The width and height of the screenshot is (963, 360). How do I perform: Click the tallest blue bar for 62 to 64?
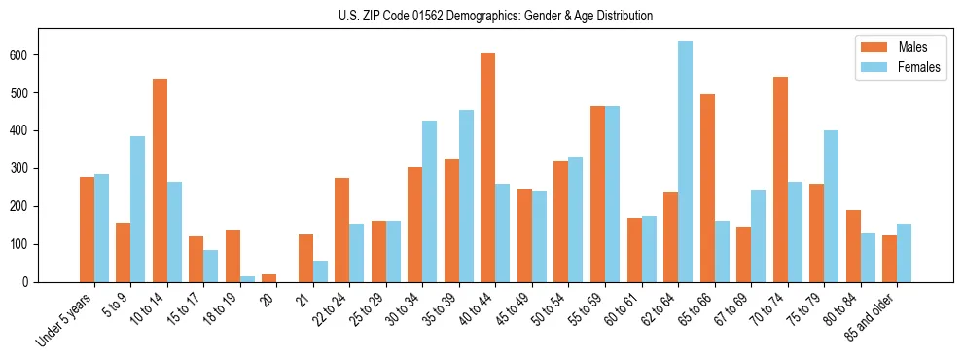(685, 162)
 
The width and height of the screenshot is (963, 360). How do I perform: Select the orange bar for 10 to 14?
(160, 181)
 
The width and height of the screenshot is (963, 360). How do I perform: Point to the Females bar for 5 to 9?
(137, 209)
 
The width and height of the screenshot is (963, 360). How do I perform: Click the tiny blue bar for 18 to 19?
(247, 279)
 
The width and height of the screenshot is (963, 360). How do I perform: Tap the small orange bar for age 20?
(268, 278)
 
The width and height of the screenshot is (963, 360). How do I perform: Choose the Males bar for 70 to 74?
(780, 180)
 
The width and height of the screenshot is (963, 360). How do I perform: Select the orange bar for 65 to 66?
(707, 189)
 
